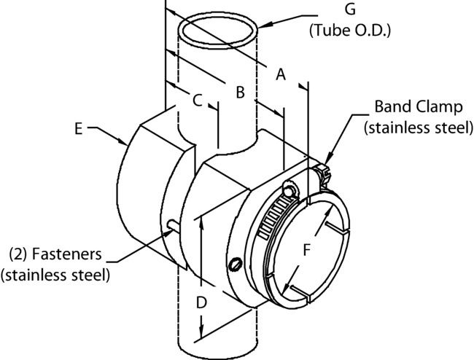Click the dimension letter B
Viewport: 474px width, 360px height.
click(239, 92)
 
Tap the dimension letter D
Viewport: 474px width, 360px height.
click(204, 301)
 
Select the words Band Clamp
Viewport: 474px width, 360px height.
click(419, 107)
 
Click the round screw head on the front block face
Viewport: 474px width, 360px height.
click(234, 263)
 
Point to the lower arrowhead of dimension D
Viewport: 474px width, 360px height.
click(201, 334)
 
